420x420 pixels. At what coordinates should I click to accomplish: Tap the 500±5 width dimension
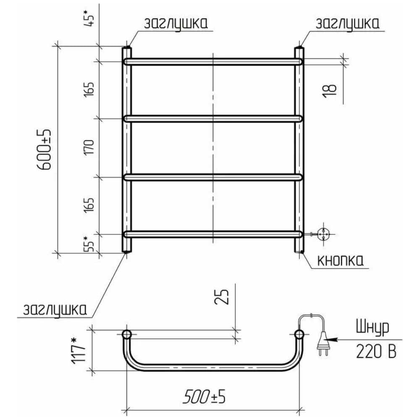pos(204,396)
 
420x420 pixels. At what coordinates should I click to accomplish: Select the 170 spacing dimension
pos(89,147)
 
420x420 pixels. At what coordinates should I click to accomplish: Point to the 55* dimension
pos(89,244)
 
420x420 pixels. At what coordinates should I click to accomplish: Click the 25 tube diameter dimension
pos(222,297)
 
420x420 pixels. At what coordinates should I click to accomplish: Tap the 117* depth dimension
pos(78,351)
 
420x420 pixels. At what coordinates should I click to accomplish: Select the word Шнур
pos(373,327)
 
